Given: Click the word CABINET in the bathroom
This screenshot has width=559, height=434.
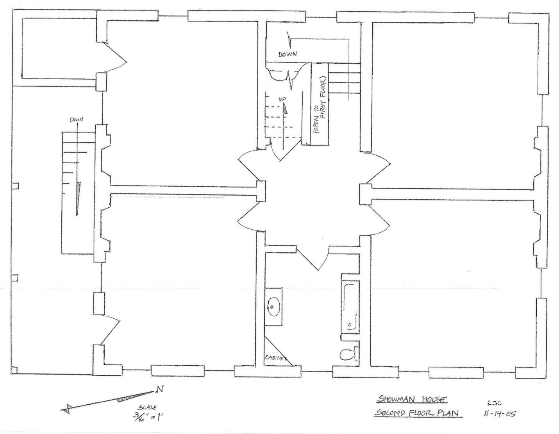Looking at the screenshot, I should click(276, 358).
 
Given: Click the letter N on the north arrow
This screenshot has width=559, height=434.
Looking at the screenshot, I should click(159, 389).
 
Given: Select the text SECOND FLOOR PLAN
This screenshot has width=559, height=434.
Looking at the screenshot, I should click(417, 413).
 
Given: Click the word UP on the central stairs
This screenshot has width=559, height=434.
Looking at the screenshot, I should click(282, 99).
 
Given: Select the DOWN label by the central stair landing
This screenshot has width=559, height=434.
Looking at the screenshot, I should click(288, 54).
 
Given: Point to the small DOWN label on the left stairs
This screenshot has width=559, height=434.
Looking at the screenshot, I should click(77, 120).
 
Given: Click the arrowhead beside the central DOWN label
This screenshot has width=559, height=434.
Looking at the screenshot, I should click(289, 41).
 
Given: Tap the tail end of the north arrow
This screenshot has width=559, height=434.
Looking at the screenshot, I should click(66, 409).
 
